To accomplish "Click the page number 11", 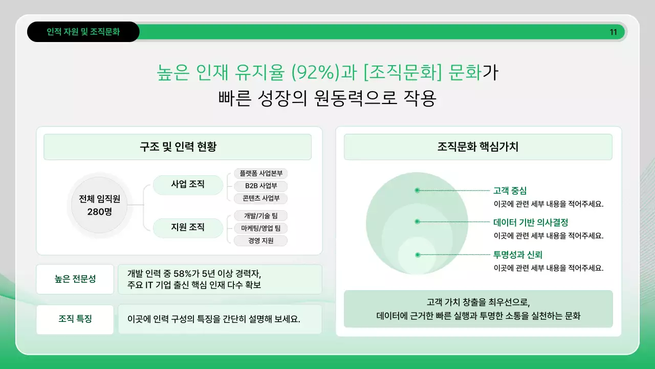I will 613,32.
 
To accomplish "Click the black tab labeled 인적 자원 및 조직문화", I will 83,32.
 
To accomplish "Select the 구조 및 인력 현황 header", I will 178,147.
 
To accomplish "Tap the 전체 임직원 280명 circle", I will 99,205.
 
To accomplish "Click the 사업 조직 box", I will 188,184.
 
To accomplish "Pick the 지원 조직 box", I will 188,227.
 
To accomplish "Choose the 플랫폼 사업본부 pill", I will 260,173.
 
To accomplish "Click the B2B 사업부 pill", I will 260,186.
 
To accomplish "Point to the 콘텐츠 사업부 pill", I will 260,198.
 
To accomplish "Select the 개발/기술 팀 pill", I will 260,216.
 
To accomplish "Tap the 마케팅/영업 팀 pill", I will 260,228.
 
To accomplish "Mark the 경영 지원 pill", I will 260,240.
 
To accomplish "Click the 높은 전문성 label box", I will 75,279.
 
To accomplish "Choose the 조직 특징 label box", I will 75,319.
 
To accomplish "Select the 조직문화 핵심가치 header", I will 478,147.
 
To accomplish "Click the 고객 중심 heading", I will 510,191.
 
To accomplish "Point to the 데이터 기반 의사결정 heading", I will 531,222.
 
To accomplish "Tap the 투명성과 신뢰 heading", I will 517,255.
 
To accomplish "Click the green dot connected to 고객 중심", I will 417,190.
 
